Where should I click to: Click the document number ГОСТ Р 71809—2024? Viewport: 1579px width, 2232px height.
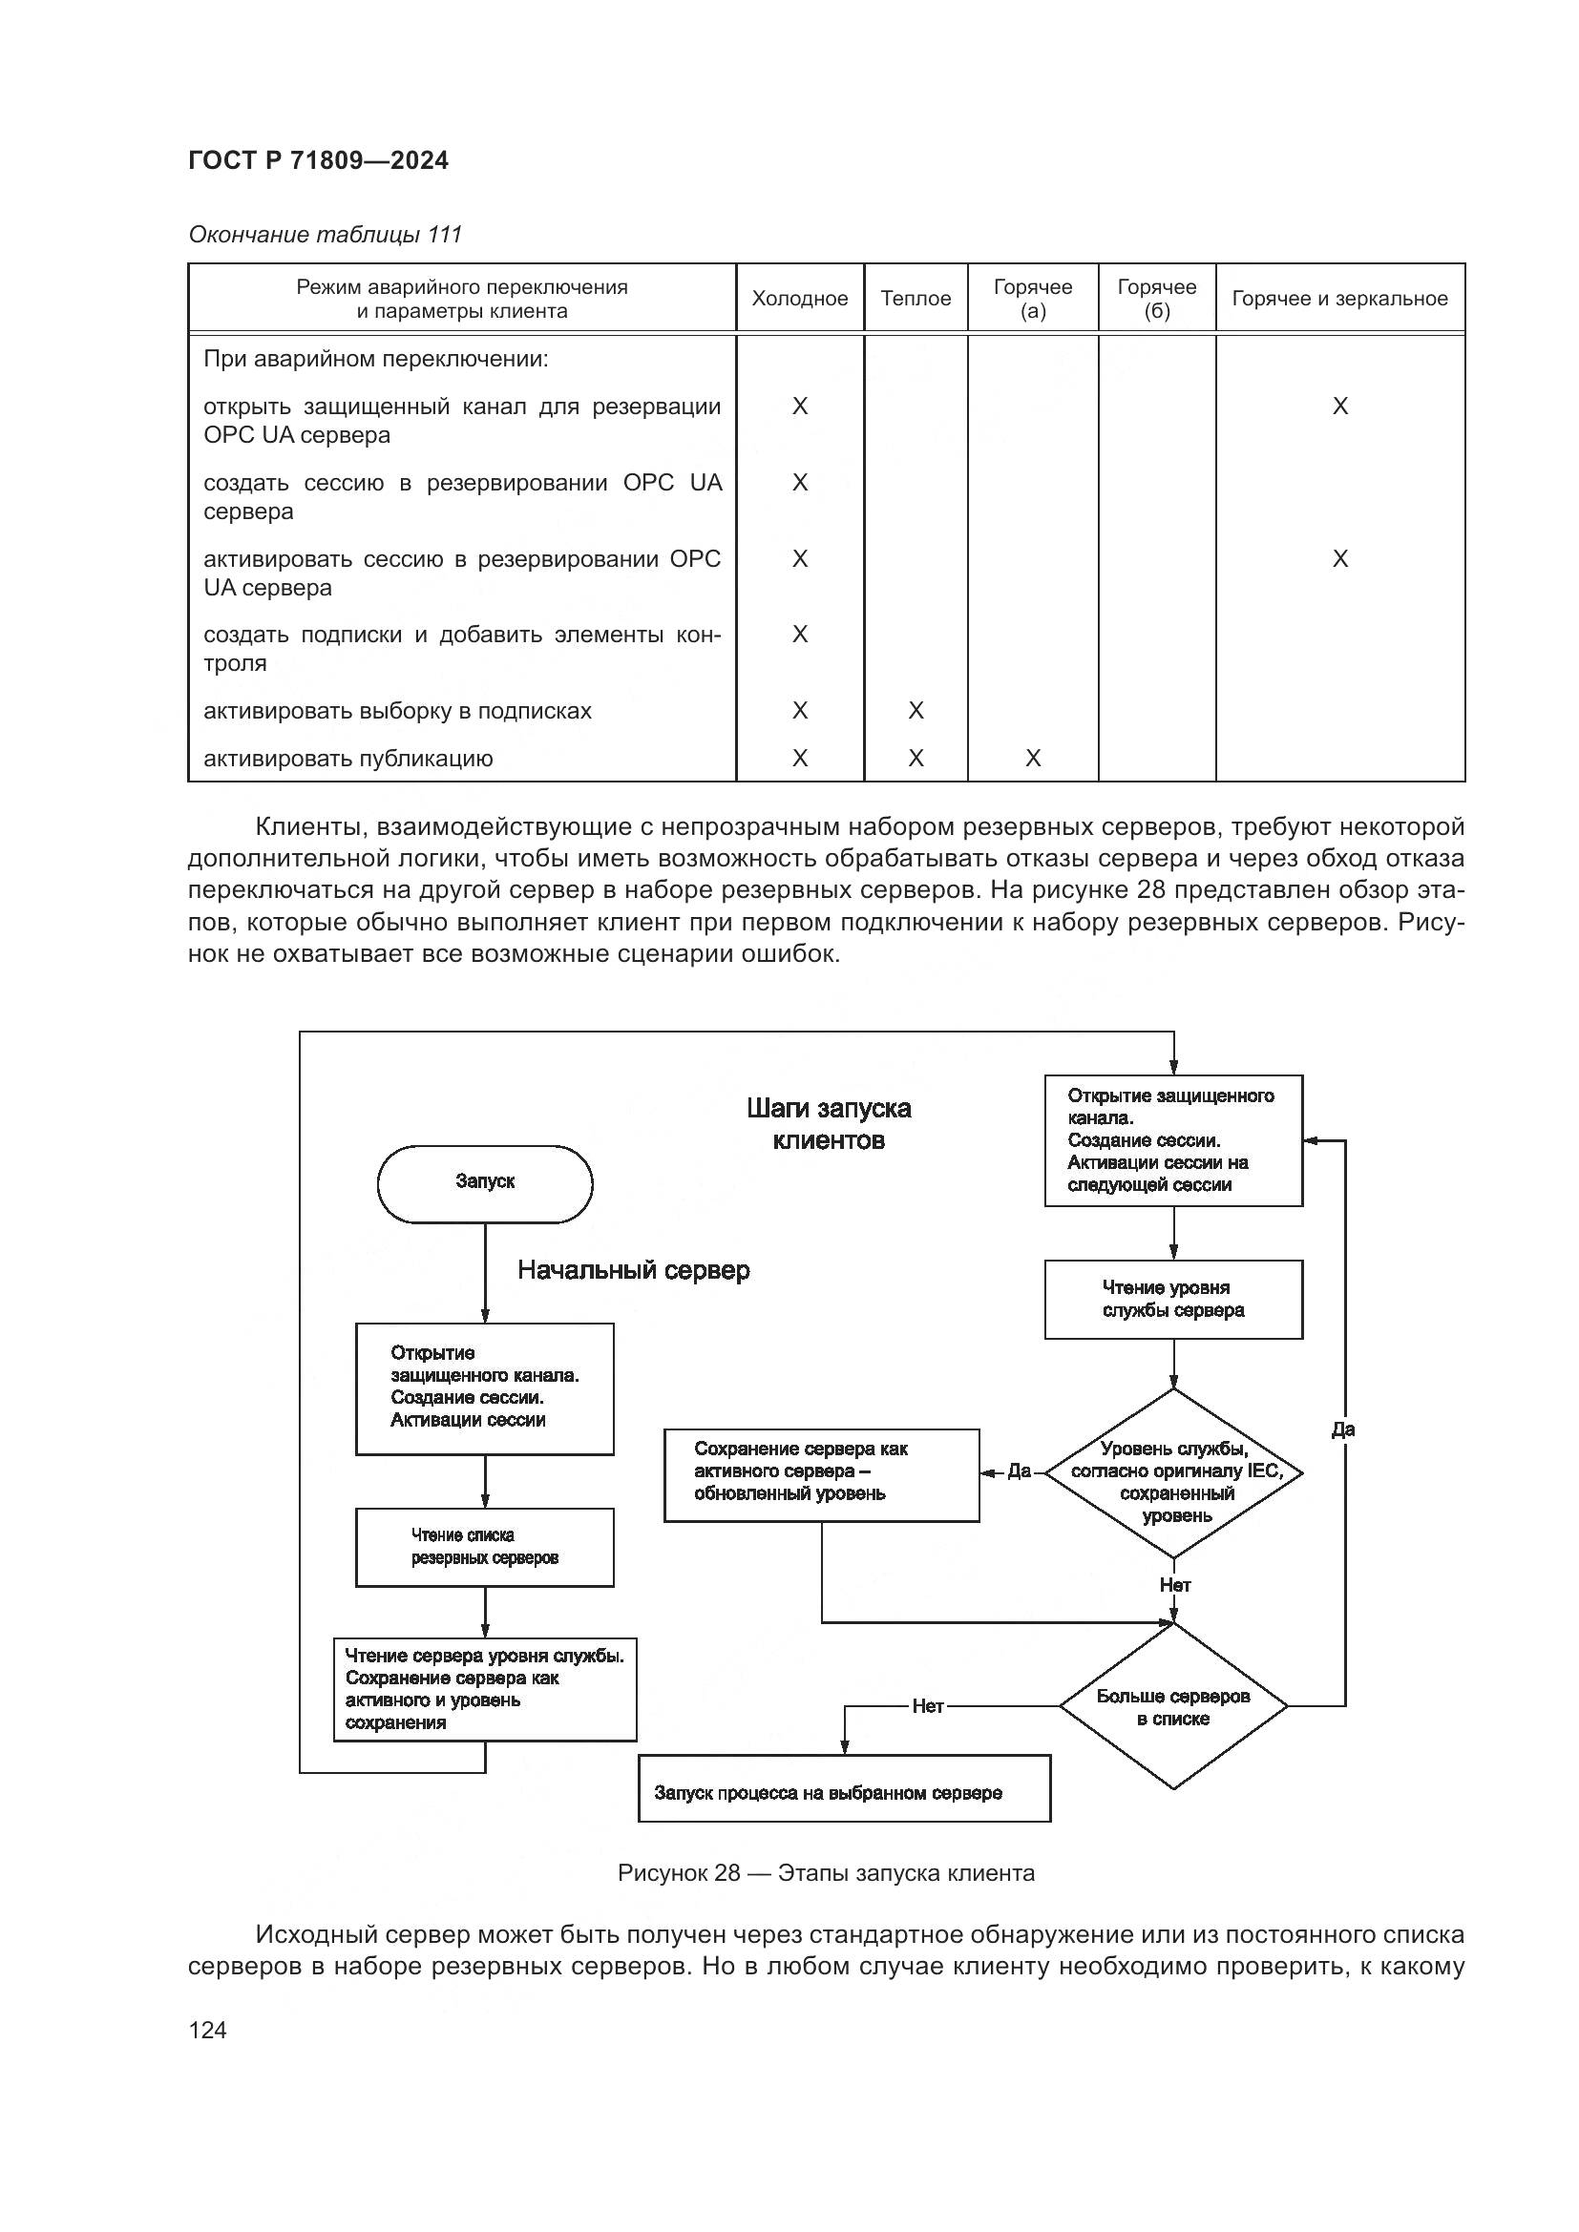[318, 160]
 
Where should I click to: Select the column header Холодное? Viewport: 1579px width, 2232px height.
[799, 299]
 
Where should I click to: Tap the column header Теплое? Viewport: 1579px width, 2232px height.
[915, 299]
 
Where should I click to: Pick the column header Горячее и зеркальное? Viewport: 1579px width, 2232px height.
[1338, 299]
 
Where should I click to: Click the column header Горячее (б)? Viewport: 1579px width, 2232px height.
[1156, 299]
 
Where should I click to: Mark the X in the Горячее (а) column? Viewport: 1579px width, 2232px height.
[1033, 759]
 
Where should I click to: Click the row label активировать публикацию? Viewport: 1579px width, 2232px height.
[348, 759]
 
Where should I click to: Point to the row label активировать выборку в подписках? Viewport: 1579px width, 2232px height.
[397, 711]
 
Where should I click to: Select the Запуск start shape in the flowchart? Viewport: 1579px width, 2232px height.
[484, 1183]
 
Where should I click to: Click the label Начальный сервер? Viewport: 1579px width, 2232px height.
[633, 1269]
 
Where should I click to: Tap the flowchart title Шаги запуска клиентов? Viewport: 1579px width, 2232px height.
[829, 1124]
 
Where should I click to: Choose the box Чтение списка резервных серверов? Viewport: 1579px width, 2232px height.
[484, 1547]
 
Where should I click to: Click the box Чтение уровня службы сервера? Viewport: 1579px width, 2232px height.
[1172, 1299]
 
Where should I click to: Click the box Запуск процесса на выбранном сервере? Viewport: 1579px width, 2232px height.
[844, 1792]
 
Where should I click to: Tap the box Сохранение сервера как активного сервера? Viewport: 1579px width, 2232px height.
[821, 1474]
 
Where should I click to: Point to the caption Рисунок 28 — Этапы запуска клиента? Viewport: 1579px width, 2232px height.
[826, 1873]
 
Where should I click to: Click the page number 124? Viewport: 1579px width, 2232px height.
[207, 2030]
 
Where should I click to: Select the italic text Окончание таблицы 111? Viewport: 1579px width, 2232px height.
[325, 235]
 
